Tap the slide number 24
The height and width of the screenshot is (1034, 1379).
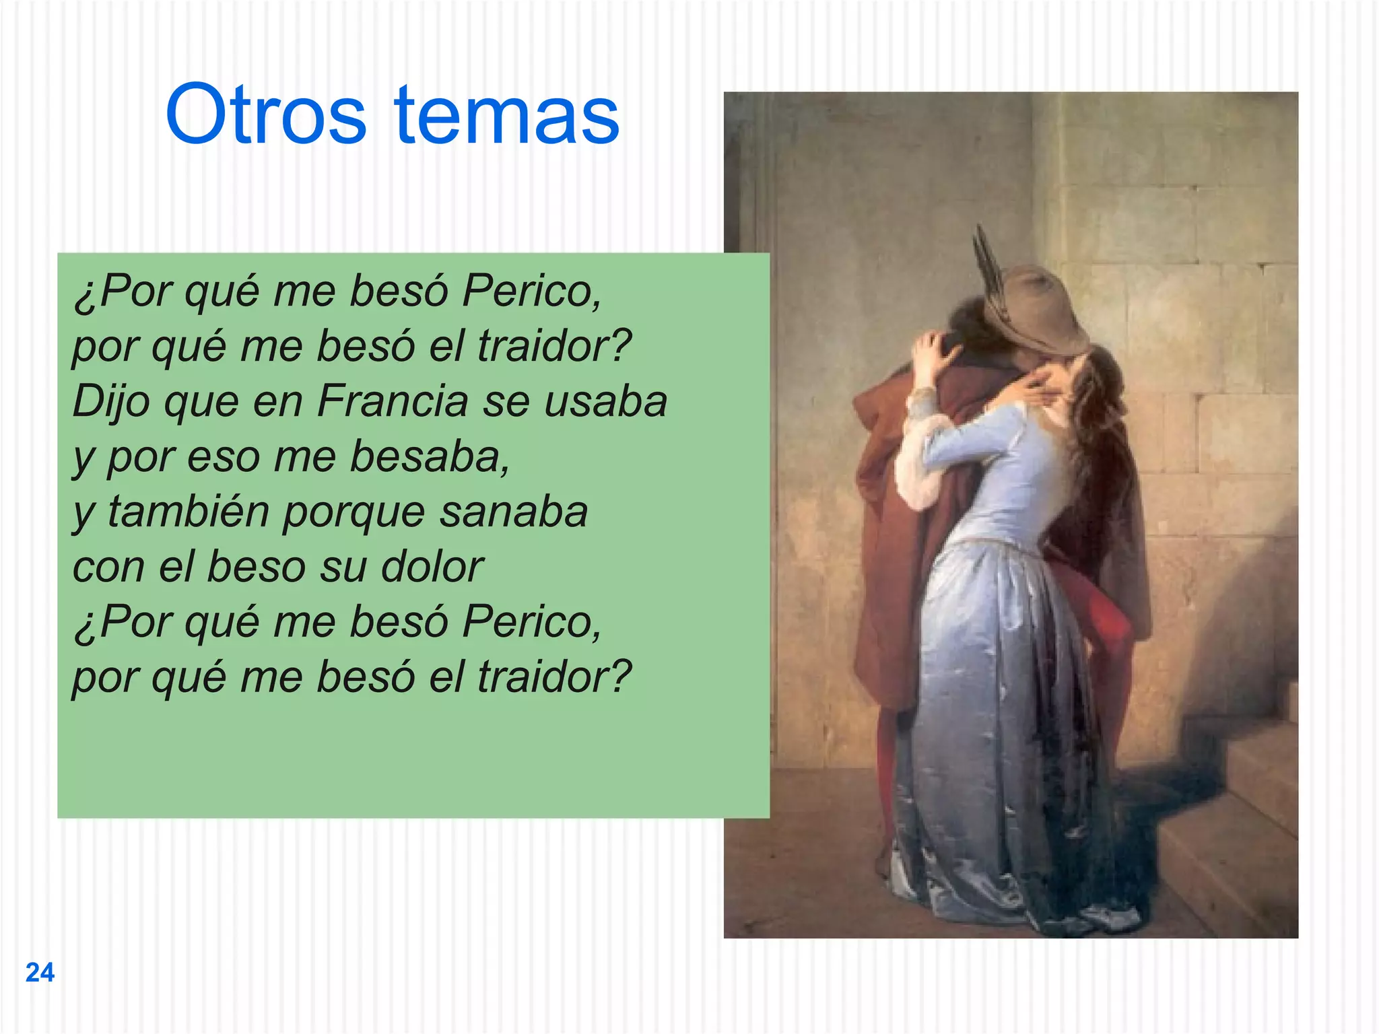click(x=40, y=973)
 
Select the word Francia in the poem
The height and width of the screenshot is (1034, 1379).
click(x=392, y=402)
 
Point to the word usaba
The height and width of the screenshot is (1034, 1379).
click(x=605, y=402)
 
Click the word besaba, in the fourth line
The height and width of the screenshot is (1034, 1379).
click(x=430, y=456)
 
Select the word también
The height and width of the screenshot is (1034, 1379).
click(x=189, y=512)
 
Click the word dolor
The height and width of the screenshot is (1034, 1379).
click(x=432, y=567)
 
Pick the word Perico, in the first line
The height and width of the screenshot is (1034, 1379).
click(x=532, y=291)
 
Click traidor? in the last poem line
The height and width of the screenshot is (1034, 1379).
click(x=555, y=677)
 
